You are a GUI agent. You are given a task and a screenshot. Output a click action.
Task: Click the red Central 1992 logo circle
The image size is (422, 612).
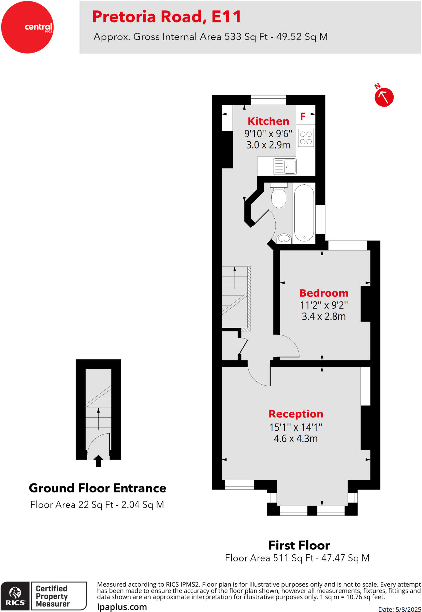click(x=27, y=27)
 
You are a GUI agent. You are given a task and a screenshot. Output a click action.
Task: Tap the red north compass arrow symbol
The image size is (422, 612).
click(x=384, y=97)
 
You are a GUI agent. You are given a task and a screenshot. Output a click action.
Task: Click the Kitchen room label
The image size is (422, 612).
click(x=268, y=121)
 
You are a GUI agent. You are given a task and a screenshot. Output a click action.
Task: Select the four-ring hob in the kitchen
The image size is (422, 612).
click(x=306, y=138)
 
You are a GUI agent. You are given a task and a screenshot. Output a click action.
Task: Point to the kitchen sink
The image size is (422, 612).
click(x=285, y=166)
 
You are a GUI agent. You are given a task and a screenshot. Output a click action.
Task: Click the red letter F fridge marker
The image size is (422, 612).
click(x=303, y=116)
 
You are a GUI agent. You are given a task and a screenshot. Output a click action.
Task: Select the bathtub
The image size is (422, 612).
click(x=304, y=213)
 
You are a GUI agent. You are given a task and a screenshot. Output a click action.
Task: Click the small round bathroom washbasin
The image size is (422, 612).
click(x=284, y=238)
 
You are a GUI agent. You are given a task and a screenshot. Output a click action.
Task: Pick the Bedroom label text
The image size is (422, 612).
click(x=324, y=293)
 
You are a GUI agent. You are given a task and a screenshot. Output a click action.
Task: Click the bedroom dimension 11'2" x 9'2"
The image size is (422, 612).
click(x=324, y=305)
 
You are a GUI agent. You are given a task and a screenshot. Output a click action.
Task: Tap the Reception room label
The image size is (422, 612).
click(x=296, y=414)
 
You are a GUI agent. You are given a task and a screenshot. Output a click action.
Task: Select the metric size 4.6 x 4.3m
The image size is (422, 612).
click(x=296, y=438)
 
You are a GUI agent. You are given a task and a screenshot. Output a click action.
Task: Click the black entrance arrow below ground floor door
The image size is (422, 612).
click(x=98, y=460)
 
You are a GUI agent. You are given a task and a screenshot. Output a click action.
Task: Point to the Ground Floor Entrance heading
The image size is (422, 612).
click(x=97, y=488)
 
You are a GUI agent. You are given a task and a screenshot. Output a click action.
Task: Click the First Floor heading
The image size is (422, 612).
click(x=299, y=545)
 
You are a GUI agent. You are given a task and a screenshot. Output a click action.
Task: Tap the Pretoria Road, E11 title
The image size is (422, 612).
click(x=166, y=16)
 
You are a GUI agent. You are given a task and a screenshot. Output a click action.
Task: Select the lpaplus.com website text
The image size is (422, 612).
click(x=122, y=607)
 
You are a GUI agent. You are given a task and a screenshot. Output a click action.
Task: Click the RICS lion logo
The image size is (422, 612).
click(x=15, y=596)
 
